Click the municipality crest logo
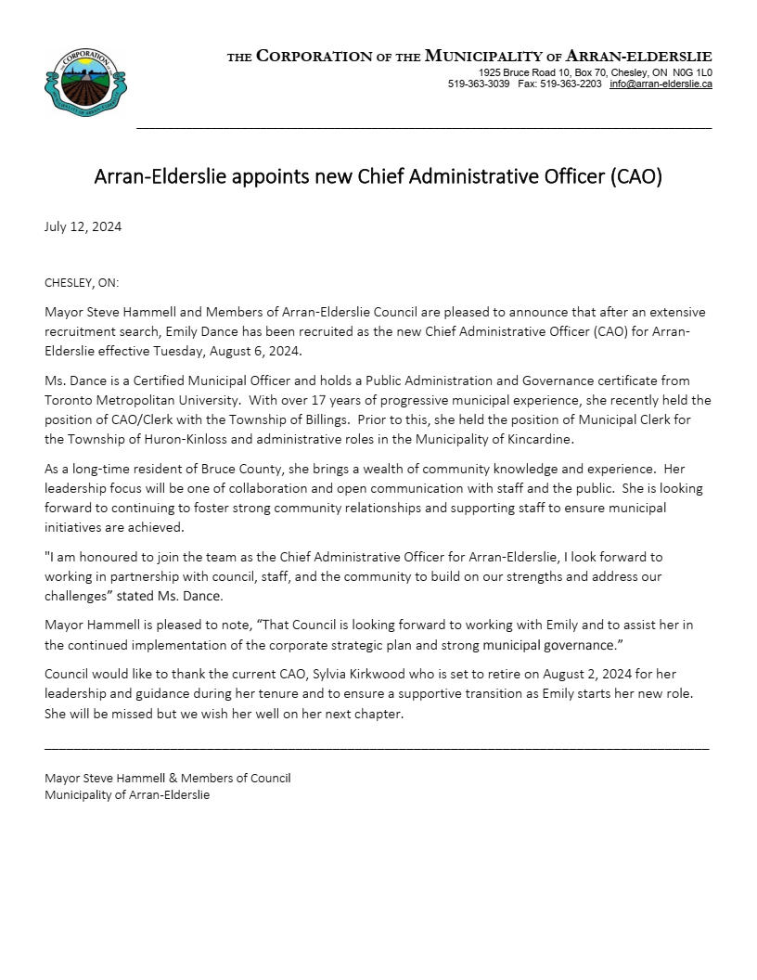point(85,82)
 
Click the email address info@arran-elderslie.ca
point(661,84)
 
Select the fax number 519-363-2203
point(571,84)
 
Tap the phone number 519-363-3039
point(479,84)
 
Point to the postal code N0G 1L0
point(693,72)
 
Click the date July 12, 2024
point(83,226)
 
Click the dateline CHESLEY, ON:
point(82,283)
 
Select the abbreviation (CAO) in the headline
point(635,176)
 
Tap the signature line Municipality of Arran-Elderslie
point(127,795)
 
